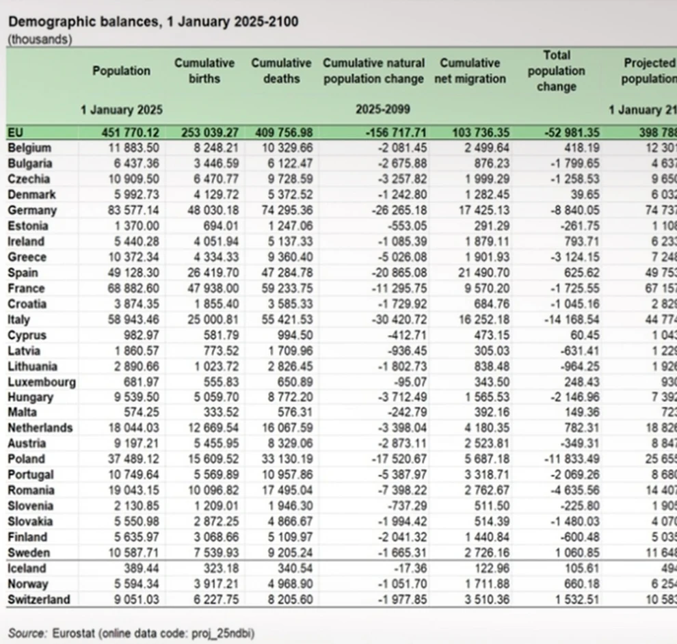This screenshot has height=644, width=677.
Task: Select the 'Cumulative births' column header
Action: click(204, 70)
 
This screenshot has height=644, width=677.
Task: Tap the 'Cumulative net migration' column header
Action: click(470, 70)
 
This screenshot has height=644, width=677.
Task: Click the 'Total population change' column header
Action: click(556, 70)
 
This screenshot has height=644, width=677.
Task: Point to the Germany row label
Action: click(32, 211)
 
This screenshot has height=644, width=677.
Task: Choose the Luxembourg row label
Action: click(42, 382)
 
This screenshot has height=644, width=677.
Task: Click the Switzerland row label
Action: click(39, 600)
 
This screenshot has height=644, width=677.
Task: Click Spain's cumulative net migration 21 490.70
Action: click(479, 273)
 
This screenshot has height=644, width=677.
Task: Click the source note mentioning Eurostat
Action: click(131, 633)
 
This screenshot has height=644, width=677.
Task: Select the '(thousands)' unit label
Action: click(39, 40)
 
